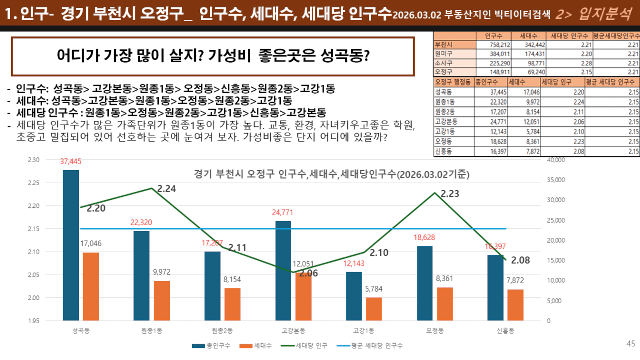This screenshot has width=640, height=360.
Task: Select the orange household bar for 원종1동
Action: (162, 301)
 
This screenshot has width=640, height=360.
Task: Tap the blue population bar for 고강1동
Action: (354, 296)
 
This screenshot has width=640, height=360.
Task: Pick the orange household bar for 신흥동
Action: (515, 305)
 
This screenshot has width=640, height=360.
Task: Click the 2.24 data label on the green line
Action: (166, 188)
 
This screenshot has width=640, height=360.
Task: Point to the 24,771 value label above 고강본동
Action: (283, 213)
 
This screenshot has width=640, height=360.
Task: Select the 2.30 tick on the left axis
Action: (34, 159)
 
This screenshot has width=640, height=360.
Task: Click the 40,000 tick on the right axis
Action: (556, 159)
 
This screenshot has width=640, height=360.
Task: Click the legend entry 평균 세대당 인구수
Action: (380, 346)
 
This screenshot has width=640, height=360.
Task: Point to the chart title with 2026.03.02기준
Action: (332, 174)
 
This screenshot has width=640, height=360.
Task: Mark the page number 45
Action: (631, 344)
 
